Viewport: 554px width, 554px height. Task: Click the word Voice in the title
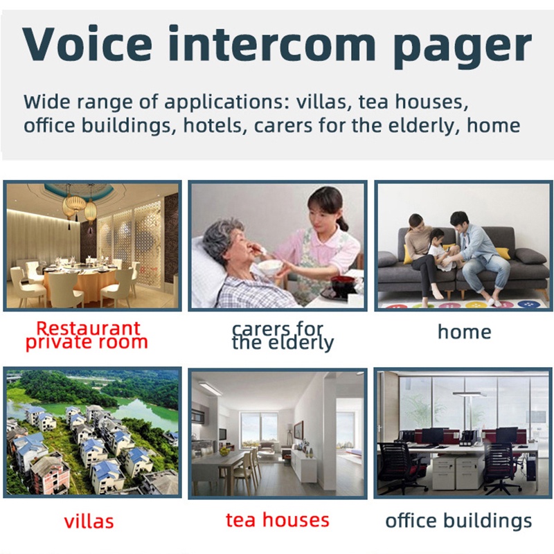coord(87,44)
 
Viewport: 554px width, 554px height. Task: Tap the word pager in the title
coord(462,48)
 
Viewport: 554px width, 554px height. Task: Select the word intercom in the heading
coord(272,44)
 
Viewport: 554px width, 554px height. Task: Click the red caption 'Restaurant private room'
coord(87,335)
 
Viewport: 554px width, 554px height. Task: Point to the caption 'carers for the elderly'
coord(283,336)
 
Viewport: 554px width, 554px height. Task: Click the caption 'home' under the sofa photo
coord(464,332)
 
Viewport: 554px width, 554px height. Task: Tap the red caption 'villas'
coord(89,521)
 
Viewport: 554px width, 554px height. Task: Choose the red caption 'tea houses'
coord(278,520)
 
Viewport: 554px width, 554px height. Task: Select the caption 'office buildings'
coord(458,521)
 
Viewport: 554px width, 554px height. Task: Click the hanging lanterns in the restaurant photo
coord(80,208)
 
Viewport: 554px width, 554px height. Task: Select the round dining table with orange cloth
coord(80,278)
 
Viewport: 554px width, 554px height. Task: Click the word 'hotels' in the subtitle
coord(213,125)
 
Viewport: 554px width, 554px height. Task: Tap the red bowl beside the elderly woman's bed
coord(342,283)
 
